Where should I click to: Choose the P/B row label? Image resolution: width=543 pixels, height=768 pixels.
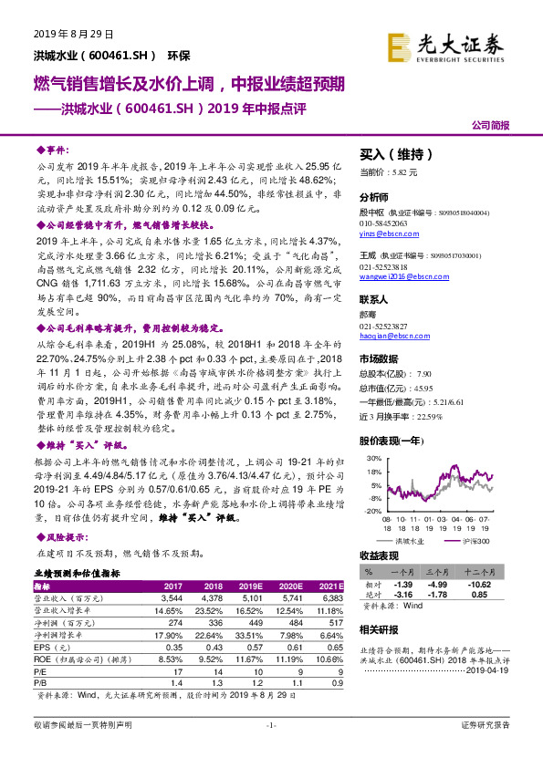[40, 682]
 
